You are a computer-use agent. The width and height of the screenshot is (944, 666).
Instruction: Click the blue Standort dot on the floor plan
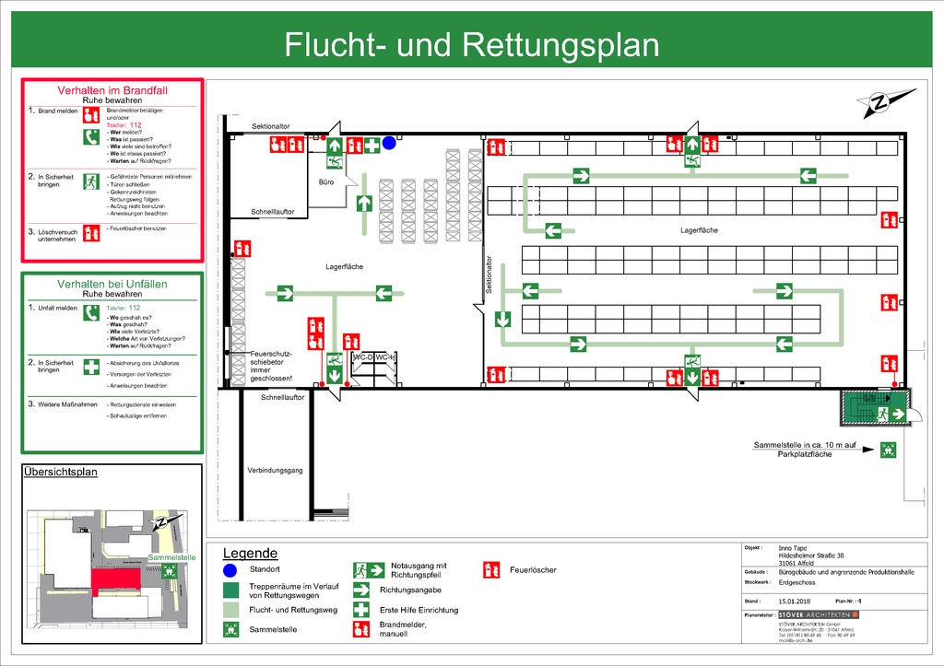tap(389, 143)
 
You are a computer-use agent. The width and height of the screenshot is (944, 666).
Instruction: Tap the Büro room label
tap(325, 182)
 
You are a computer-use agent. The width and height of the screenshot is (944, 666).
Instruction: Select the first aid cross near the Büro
tap(372, 145)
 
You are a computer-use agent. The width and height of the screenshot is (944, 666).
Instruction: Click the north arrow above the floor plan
tap(882, 101)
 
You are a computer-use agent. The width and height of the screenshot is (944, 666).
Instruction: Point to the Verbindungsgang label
tap(275, 471)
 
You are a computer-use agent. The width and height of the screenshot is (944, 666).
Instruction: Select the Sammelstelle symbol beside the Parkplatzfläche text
tap(887, 450)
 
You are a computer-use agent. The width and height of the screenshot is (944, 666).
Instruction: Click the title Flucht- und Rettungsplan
tap(471, 44)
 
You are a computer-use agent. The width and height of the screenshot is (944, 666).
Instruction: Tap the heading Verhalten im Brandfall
tap(112, 90)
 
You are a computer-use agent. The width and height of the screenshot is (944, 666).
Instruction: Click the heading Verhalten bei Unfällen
tap(112, 284)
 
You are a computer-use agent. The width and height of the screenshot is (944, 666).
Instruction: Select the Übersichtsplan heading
tap(60, 473)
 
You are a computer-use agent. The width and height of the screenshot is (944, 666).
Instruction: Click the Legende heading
tap(251, 554)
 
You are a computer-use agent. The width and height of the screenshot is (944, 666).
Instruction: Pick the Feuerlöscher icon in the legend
tap(493, 569)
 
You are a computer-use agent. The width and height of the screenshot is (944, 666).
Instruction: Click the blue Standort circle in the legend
tap(230, 570)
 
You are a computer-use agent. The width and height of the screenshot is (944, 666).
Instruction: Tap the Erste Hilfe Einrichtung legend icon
tap(362, 610)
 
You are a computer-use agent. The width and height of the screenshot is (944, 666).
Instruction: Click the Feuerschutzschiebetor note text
tap(271, 366)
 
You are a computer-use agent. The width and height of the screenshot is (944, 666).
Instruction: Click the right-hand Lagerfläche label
tap(699, 229)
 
